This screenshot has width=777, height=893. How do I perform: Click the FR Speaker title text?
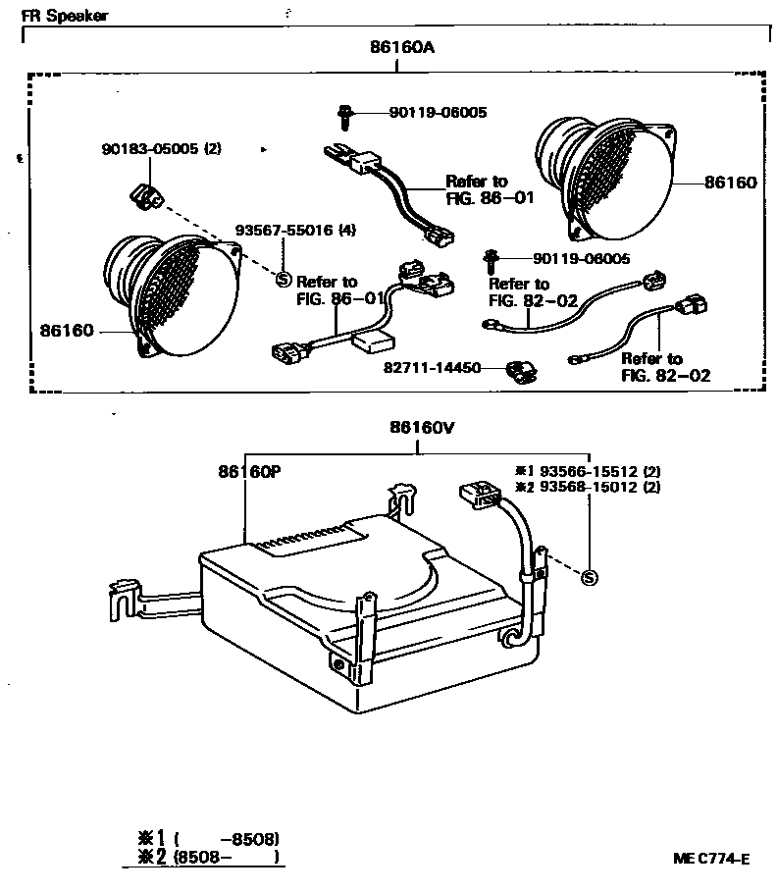tap(65, 17)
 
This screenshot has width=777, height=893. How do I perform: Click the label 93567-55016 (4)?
tap(296, 232)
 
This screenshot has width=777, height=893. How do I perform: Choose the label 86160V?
tap(420, 428)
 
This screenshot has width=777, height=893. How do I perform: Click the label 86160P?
tap(250, 470)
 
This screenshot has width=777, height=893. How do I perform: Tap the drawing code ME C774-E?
tap(711, 859)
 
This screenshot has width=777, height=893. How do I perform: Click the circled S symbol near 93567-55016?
tap(284, 279)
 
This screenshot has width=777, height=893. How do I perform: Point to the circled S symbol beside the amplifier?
tap(589, 577)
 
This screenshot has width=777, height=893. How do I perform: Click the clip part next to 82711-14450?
tap(518, 371)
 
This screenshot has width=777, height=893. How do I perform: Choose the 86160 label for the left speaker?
tap(67, 331)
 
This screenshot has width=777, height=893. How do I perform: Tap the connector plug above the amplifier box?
tap(475, 494)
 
